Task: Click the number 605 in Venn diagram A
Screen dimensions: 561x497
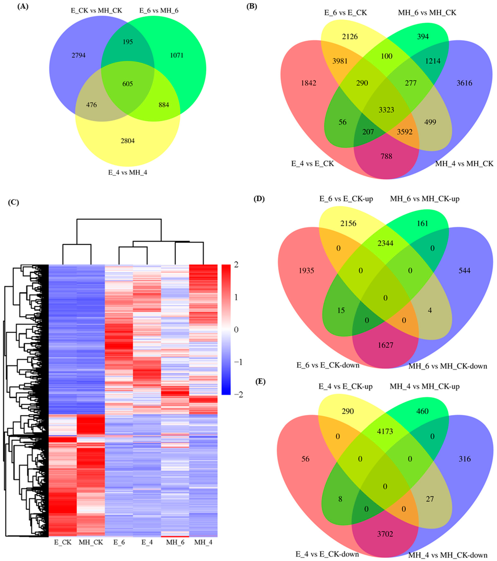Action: [x=128, y=84]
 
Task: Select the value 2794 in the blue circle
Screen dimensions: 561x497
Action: [x=79, y=55]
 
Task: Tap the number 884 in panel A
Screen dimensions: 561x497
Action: [x=164, y=105]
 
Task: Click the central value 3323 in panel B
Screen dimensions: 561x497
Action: [x=386, y=110]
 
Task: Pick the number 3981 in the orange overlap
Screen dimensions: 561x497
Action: [x=340, y=61]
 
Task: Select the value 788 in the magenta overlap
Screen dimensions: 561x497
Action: [x=386, y=156]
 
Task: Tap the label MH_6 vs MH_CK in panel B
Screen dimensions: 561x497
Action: [x=427, y=13]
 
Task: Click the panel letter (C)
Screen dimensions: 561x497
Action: [x=14, y=203]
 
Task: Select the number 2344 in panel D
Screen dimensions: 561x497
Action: [x=385, y=243]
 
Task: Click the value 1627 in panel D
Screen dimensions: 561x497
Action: [x=385, y=345]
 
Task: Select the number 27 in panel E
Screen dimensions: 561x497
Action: [x=430, y=499]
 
